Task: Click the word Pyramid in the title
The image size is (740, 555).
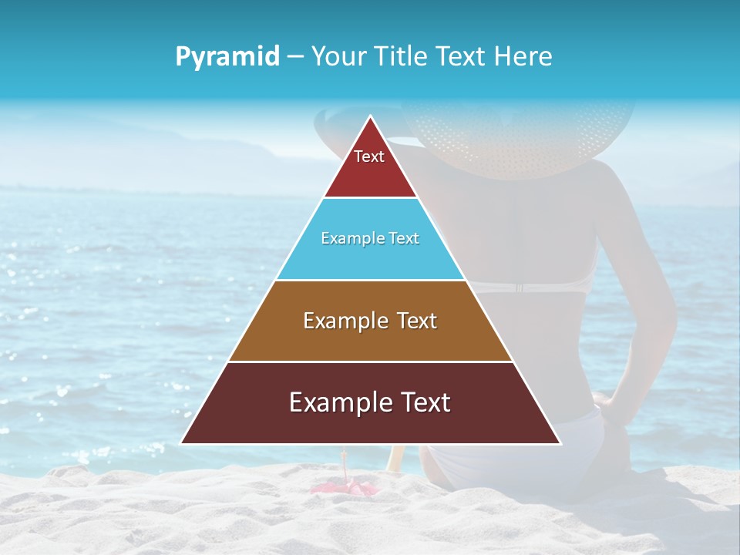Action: [227, 57]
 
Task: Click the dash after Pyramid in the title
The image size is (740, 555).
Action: [295, 57]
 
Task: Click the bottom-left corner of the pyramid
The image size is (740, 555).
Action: [182, 443]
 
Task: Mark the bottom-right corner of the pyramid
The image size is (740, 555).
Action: [560, 443]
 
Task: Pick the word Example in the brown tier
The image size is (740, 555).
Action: [336, 321]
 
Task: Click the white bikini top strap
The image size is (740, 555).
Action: [532, 287]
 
